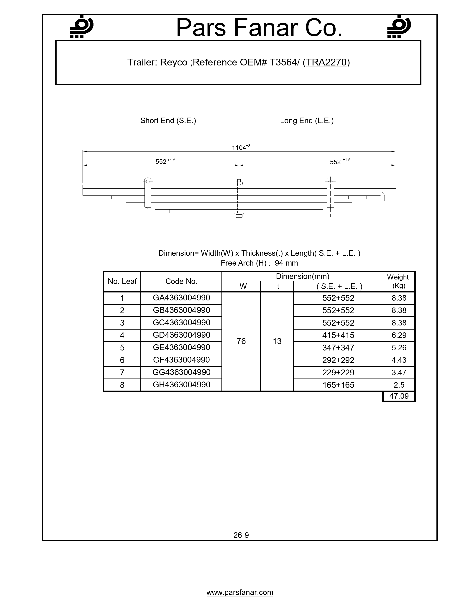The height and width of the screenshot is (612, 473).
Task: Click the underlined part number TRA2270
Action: click(x=326, y=62)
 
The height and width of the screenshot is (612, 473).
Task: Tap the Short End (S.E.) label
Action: click(x=168, y=121)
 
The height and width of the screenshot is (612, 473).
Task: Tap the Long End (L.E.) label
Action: click(x=307, y=121)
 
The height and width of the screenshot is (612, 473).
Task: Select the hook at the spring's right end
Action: click(x=382, y=196)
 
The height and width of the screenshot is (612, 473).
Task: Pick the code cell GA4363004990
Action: click(x=181, y=298)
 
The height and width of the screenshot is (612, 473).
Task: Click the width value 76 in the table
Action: click(x=241, y=341)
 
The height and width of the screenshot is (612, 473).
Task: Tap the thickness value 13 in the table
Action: click(x=277, y=341)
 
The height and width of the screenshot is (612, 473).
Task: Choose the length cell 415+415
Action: click(x=338, y=335)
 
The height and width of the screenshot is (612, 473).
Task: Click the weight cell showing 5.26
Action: click(x=399, y=348)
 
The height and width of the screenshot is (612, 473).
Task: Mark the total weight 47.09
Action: click(x=399, y=396)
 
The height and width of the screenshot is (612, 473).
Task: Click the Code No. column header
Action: click(x=181, y=281)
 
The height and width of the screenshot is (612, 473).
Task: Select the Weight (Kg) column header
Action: click(x=398, y=281)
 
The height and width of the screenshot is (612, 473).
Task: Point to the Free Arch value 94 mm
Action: click(x=286, y=263)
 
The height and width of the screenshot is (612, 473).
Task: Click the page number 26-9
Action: click(x=241, y=535)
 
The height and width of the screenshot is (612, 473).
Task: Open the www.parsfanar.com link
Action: click(x=240, y=592)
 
